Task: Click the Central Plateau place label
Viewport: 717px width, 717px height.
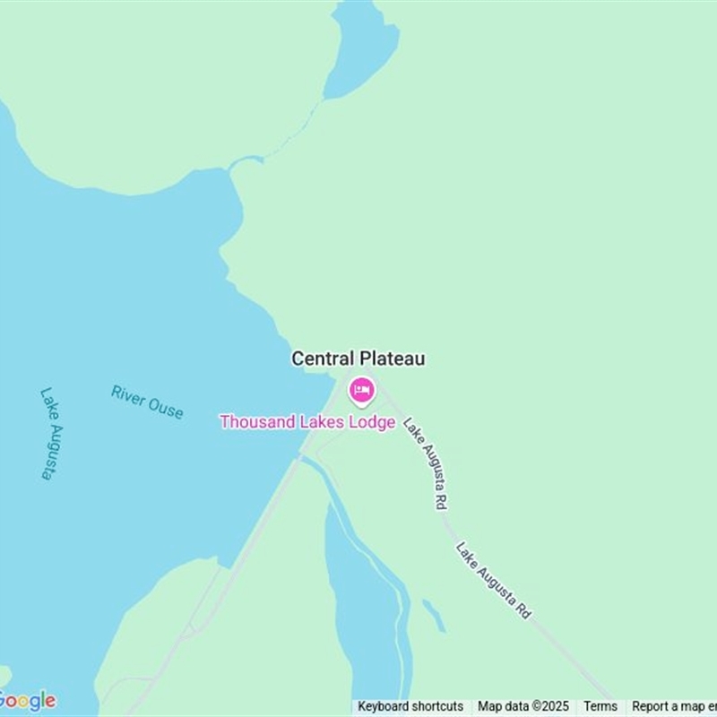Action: pos(358,358)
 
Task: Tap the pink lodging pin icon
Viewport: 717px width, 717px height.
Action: pos(362,391)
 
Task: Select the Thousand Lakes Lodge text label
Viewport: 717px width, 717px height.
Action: pos(307,421)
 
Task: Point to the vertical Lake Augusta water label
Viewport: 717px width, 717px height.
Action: pos(47,433)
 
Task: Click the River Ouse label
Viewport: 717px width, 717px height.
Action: pos(147,402)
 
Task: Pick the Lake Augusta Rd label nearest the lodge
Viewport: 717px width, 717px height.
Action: pos(425,464)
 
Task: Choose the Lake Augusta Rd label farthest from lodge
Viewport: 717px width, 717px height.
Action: pos(494,581)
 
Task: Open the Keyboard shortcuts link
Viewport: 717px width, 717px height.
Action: pos(410,706)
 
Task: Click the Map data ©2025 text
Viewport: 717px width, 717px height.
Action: pos(523,706)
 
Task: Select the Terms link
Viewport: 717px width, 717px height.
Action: pos(600,706)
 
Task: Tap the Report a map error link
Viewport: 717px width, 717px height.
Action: pos(673,706)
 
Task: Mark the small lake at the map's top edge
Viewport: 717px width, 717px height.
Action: pos(362,49)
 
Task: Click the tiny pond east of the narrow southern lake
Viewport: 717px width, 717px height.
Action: pos(435,615)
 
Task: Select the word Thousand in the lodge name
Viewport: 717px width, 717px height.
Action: pos(255,421)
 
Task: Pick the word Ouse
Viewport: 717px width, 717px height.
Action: pos(167,409)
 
